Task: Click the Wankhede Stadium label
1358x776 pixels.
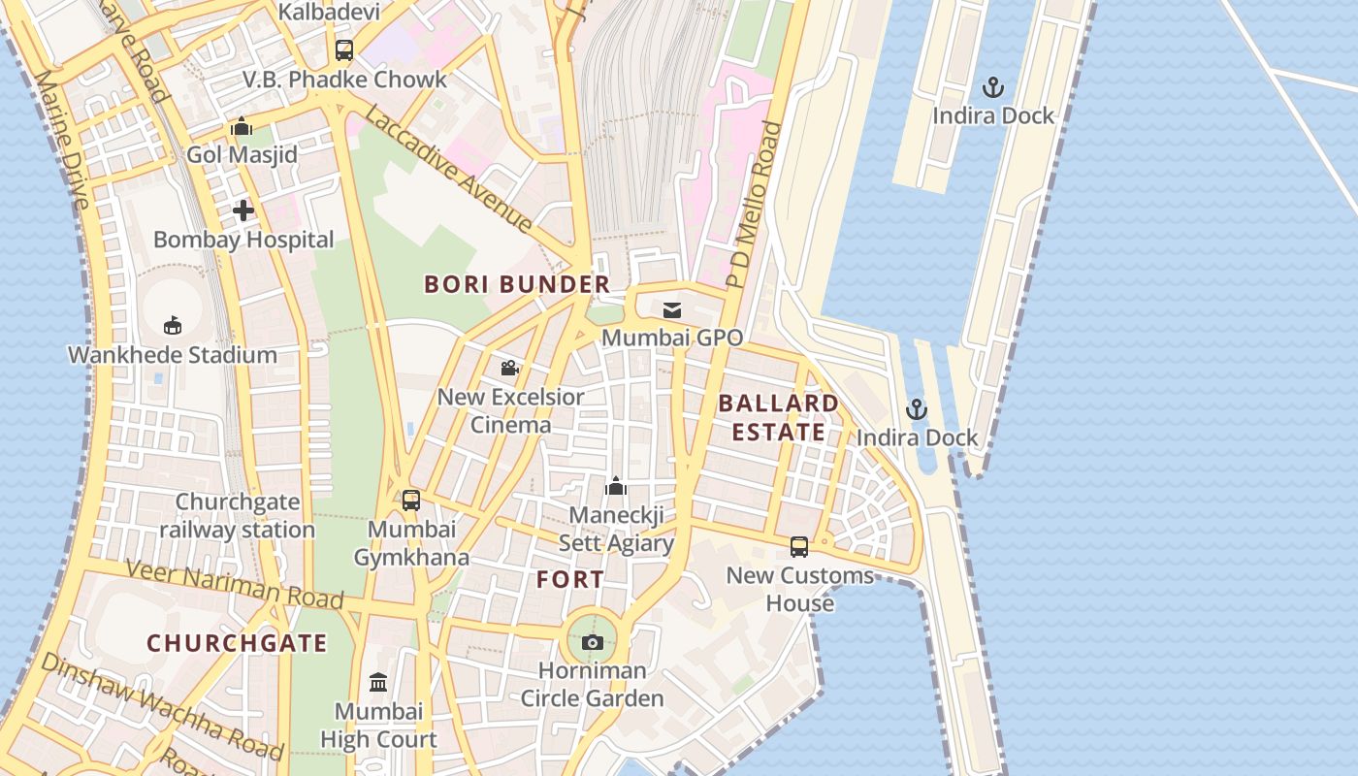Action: (x=173, y=355)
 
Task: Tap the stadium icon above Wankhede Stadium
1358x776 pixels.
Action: (x=173, y=325)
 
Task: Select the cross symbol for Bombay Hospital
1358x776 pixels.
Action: (x=242, y=210)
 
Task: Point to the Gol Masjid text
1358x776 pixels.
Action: (x=242, y=155)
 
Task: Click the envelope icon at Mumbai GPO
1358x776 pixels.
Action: (x=671, y=310)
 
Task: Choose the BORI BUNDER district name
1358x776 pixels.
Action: (x=517, y=284)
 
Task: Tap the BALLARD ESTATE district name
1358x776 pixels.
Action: (x=778, y=417)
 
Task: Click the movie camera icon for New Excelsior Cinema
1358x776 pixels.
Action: (x=510, y=369)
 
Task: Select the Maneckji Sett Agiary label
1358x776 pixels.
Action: (x=616, y=529)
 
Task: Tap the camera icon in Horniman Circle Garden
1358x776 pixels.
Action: (x=592, y=642)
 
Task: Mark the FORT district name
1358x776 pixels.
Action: (x=570, y=580)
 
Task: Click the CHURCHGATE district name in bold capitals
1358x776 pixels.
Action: (x=237, y=643)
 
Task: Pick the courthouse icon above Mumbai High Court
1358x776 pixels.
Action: (x=378, y=683)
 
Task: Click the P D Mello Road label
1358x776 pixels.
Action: (x=755, y=206)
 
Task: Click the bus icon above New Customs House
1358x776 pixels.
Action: (x=799, y=547)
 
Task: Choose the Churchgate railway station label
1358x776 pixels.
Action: (x=237, y=516)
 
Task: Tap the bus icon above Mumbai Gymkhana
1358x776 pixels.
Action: (x=411, y=501)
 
